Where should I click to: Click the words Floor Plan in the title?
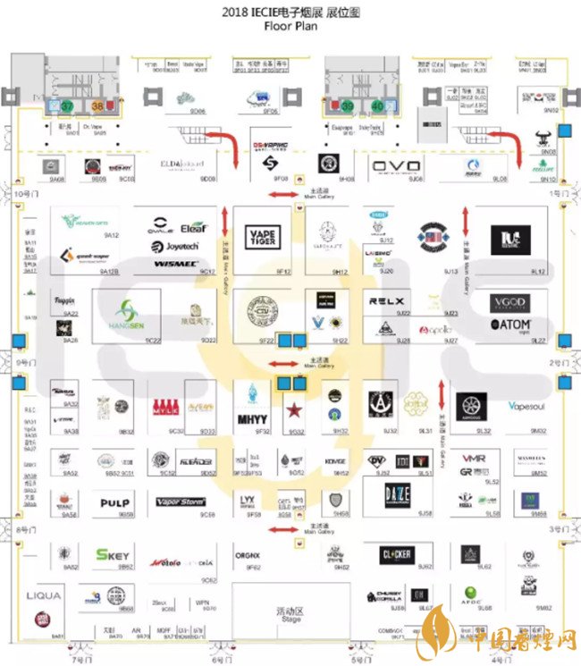click(x=290, y=26)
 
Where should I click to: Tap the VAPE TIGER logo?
click(x=262, y=236)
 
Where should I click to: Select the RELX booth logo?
click(x=386, y=302)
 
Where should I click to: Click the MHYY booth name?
click(x=250, y=418)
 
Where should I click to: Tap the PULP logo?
click(x=114, y=503)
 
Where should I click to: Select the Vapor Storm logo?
click(x=181, y=502)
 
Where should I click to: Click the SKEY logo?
click(x=113, y=554)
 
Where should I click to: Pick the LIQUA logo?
click(x=44, y=595)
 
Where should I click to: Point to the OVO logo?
click(x=390, y=166)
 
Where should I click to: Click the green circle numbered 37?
click(x=66, y=105)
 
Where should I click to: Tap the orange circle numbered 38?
click(x=97, y=105)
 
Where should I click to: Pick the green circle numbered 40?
click(x=378, y=105)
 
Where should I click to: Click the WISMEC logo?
click(x=175, y=265)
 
